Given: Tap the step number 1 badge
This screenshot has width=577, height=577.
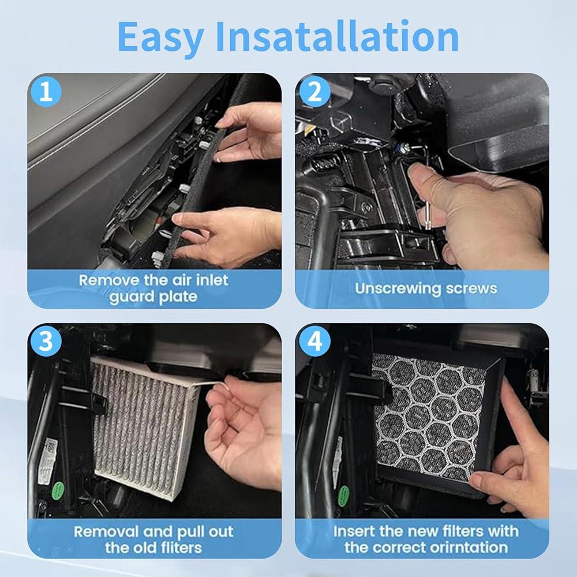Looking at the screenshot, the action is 46,91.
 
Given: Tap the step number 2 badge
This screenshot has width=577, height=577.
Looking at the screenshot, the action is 314,91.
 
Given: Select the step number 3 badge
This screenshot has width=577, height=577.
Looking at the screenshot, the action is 46,341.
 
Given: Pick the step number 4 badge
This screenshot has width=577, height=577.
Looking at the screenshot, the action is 314,341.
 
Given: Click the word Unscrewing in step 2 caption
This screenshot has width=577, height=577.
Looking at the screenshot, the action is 397,289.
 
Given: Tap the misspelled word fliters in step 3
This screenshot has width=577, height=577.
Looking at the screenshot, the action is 179,548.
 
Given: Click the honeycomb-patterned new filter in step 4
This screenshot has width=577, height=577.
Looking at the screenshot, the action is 429,416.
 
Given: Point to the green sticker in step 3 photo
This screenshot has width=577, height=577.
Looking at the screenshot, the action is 58,490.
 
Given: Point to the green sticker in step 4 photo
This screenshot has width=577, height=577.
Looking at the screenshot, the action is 343,495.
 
